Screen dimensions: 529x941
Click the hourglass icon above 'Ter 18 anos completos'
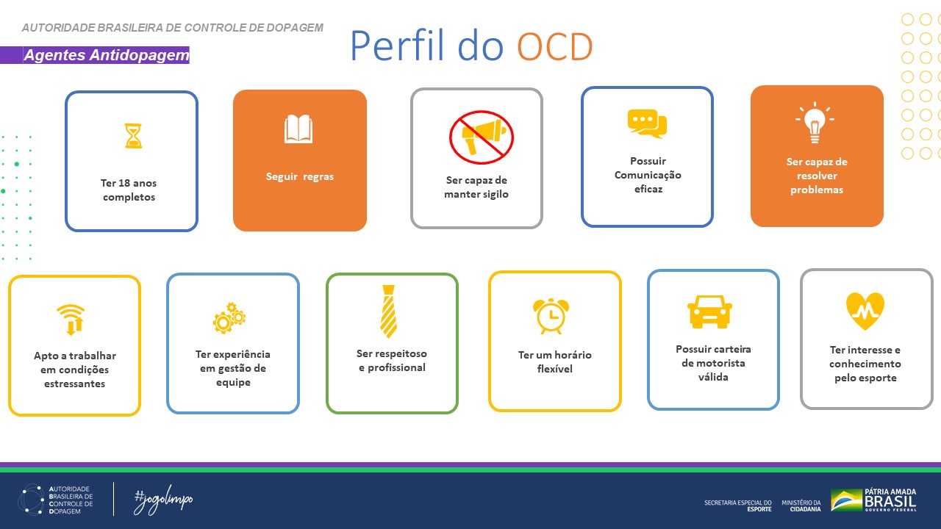tap(133, 136)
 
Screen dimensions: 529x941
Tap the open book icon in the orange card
tap(298, 129)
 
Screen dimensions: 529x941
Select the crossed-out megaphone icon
tap(481, 137)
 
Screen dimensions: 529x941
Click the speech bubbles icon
tap(647, 123)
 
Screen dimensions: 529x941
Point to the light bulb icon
tap(815, 123)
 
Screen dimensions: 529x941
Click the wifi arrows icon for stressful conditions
tap(71, 319)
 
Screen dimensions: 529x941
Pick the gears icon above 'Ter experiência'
tap(229, 318)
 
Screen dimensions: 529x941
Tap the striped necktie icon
tap(388, 311)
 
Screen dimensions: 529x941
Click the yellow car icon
tap(709, 312)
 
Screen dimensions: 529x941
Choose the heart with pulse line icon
tap(865, 311)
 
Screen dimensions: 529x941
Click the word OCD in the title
tap(554, 46)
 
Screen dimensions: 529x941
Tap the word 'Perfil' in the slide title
tap(397, 46)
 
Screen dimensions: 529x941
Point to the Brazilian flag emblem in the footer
tap(846, 500)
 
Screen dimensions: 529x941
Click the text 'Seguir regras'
tap(300, 176)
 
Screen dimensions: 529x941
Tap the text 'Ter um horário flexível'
tap(554, 361)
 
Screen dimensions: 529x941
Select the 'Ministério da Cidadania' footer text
tap(801, 505)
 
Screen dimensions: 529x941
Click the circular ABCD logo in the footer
tap(31, 499)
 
